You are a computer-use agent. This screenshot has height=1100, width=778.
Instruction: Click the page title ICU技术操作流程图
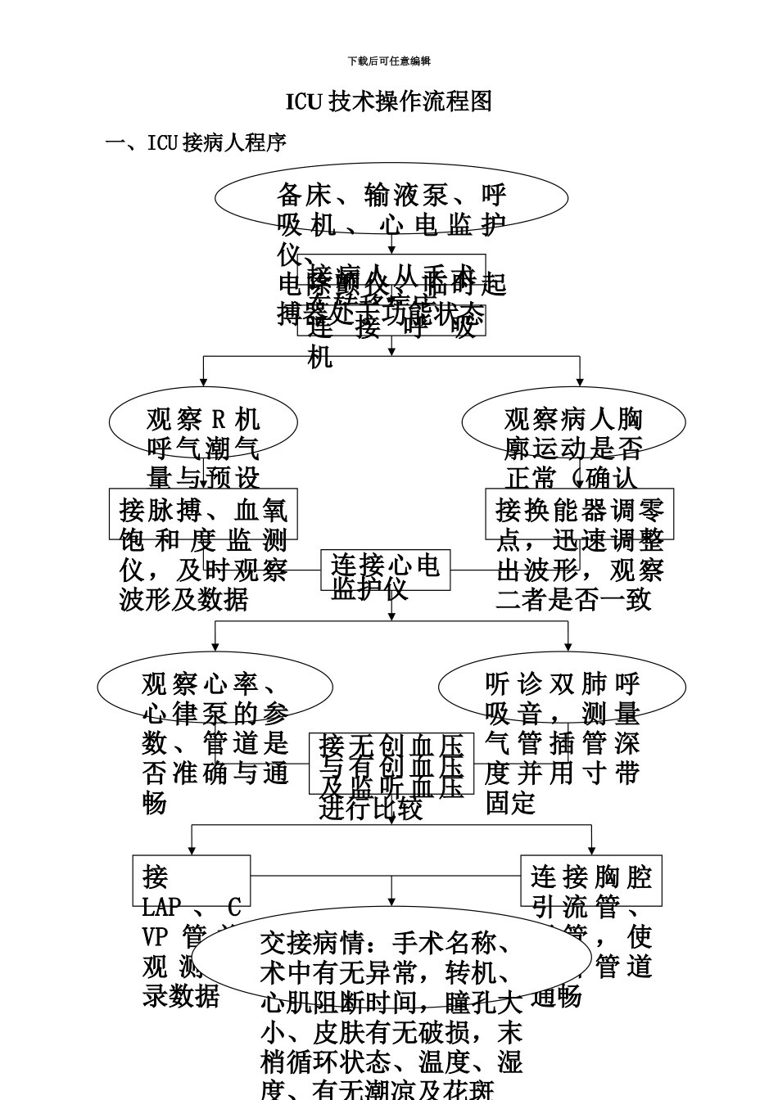389,101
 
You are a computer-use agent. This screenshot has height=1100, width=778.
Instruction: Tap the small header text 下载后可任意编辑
389,61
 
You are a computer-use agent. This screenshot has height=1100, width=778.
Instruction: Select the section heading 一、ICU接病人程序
197,142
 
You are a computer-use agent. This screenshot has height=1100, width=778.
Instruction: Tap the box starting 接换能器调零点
579,514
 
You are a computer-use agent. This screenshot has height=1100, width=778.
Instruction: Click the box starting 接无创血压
391,763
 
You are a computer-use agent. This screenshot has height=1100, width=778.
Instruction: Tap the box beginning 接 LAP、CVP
192,881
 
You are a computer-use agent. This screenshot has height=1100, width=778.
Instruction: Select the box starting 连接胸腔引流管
590,881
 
